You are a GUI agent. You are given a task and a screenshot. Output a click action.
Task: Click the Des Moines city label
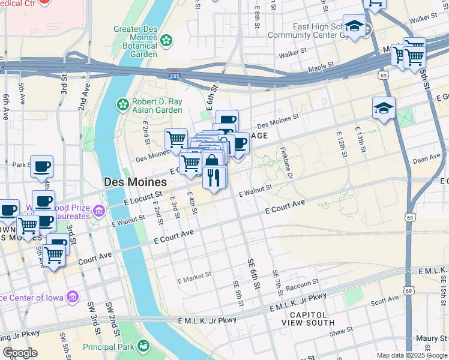tap(135, 182)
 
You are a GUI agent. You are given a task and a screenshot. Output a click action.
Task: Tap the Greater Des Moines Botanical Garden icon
tap(166, 40)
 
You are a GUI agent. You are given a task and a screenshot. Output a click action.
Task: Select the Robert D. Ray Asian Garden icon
tap(123, 105)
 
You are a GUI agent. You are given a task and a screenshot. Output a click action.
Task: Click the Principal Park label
tap(107, 346)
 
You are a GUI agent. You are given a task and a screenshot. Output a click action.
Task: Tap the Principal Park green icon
tap(143, 346)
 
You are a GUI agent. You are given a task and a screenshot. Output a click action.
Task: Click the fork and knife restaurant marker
tap(214, 177)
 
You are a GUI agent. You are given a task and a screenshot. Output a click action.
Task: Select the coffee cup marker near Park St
tap(41, 166)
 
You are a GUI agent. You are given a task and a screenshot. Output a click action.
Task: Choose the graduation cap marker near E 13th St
tap(384, 108)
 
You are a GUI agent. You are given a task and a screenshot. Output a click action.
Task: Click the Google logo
tap(20, 353)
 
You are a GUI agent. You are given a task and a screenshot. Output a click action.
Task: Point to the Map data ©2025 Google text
tap(412, 355)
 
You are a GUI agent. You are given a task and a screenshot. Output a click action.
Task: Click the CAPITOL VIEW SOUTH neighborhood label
tap(308, 319)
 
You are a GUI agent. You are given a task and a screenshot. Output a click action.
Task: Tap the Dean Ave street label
tap(427, 160)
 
